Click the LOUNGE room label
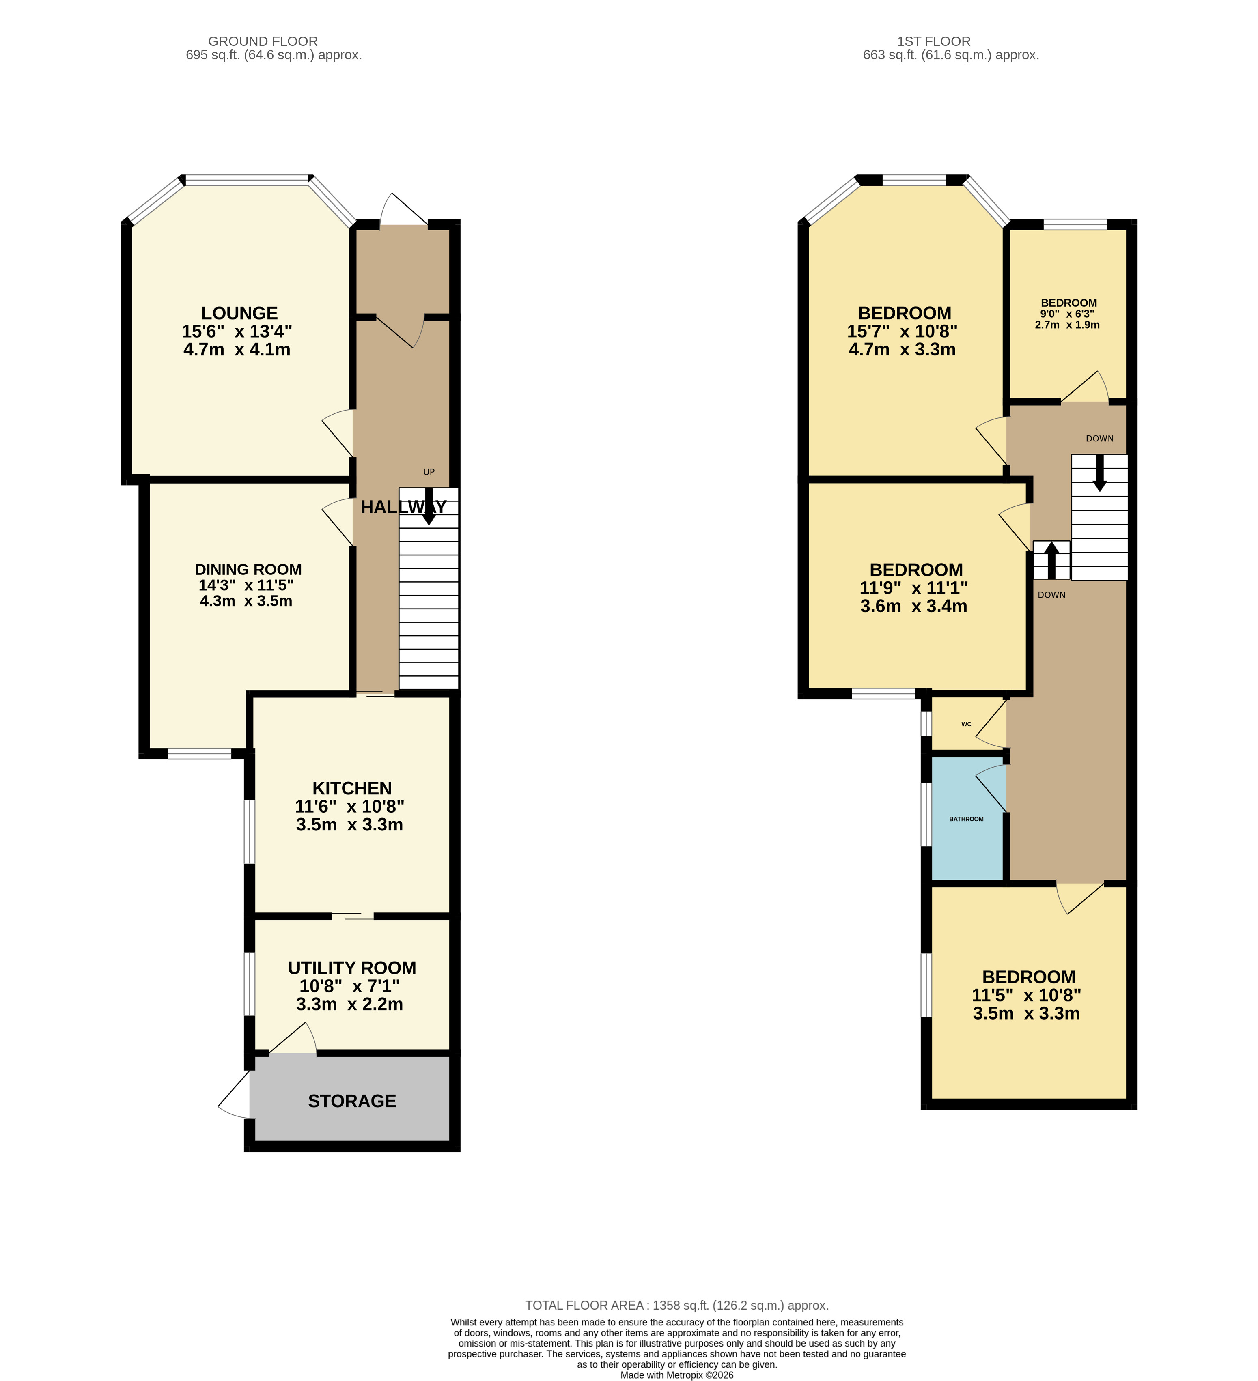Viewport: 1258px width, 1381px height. click(x=239, y=313)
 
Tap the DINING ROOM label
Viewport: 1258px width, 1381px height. click(x=248, y=569)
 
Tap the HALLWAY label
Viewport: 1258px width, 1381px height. click(x=403, y=507)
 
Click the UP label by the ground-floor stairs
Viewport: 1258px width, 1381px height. click(x=429, y=472)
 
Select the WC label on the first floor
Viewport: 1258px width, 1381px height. click(x=966, y=724)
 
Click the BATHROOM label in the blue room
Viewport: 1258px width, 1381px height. click(x=966, y=819)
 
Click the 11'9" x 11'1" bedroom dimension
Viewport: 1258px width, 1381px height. click(x=913, y=588)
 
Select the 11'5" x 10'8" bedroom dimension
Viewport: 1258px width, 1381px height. click(x=1026, y=995)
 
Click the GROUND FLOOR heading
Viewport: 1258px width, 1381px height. click(x=263, y=41)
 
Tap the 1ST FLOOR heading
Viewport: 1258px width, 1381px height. click(x=934, y=41)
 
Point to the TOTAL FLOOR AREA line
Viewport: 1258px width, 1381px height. click(x=677, y=1305)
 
